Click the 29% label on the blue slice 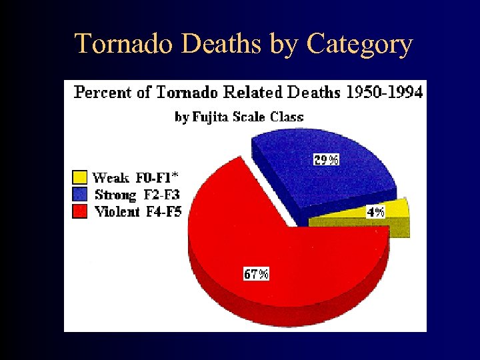coord(327,159)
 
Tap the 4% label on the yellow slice coord(376,212)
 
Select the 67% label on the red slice coord(256,274)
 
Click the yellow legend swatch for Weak coord(79,177)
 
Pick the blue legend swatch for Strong coord(79,195)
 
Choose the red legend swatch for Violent coord(79,211)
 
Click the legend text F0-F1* coord(158,177)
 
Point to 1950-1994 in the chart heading coord(384,93)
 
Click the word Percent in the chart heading coord(103,93)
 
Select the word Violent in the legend coord(117,212)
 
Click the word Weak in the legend coord(111,177)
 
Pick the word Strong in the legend coord(115,195)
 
